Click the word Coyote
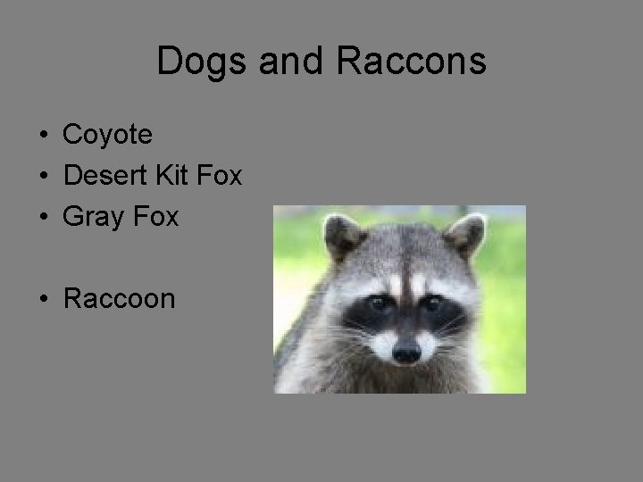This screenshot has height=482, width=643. click(107, 136)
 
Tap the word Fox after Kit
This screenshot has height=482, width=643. click(218, 176)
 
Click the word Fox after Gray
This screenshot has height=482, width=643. click(155, 216)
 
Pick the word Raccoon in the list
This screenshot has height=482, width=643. click(119, 298)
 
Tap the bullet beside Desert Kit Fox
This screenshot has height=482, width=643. click(43, 177)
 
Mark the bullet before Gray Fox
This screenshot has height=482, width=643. click(43, 217)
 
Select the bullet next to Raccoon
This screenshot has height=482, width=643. click(43, 299)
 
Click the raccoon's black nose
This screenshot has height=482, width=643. click(406, 352)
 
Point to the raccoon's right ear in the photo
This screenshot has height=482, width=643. click(464, 234)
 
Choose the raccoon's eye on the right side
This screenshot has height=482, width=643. click(433, 303)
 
